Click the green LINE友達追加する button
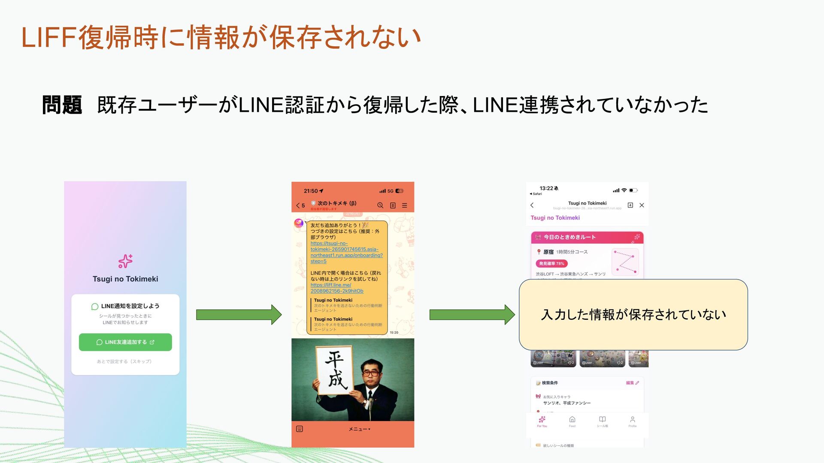(x=125, y=342)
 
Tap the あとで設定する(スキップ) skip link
(x=124, y=361)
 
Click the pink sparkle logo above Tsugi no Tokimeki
(x=125, y=261)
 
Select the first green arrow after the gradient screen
(x=239, y=315)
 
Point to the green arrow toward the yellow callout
(x=472, y=315)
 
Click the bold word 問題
(x=62, y=105)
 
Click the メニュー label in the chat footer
(x=359, y=429)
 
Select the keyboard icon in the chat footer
(x=300, y=429)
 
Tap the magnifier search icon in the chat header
(x=380, y=205)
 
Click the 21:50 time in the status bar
(x=311, y=191)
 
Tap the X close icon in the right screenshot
(x=642, y=205)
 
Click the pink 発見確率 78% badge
(x=551, y=264)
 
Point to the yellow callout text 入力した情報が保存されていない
(x=633, y=315)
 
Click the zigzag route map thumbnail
(x=625, y=262)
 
